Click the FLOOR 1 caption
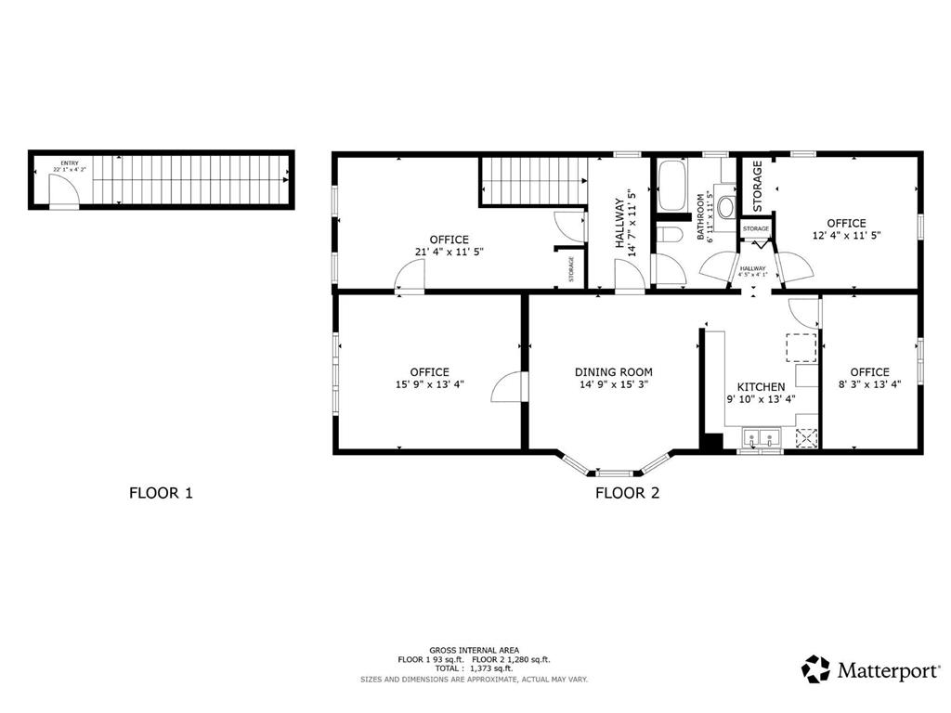161,493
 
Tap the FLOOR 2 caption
627,493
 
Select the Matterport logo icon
815,669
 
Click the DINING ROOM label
613,371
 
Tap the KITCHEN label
761,387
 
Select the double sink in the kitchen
761,437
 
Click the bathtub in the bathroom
671,187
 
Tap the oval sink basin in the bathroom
725,206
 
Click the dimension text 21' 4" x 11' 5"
449,252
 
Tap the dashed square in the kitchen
801,346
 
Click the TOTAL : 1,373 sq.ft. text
474,668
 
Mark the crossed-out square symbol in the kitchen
807,437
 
